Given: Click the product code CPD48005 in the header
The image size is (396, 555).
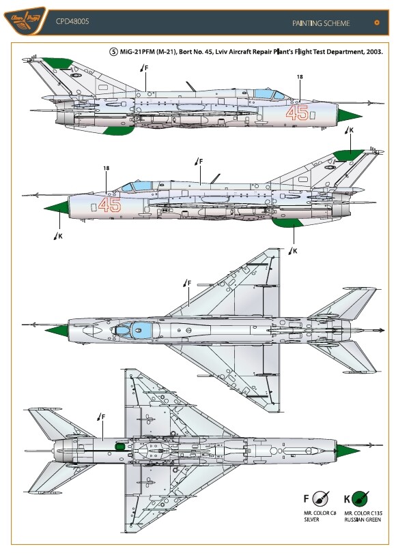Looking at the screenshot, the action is click(x=72, y=21).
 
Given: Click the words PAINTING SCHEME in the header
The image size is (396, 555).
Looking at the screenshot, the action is click(x=321, y=23).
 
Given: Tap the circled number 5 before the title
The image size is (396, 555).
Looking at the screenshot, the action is click(x=113, y=52).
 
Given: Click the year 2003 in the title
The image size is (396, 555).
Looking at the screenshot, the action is click(x=374, y=52).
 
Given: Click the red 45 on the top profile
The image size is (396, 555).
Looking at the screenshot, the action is click(x=297, y=113).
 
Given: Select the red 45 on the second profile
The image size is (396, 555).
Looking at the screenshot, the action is click(x=109, y=205).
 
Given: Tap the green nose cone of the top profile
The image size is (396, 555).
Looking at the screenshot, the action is click(x=349, y=115).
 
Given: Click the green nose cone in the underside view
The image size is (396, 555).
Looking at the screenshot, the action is click(x=348, y=451).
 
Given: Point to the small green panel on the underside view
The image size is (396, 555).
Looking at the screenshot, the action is click(x=121, y=446).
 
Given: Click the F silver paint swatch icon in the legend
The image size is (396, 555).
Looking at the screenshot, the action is click(x=321, y=498).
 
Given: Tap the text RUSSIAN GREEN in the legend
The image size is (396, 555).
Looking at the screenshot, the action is click(x=363, y=520).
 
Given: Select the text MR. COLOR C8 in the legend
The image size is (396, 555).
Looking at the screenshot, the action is click(x=320, y=513).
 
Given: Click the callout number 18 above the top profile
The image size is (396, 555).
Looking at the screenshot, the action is click(x=300, y=76).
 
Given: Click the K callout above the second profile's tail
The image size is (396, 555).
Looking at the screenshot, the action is click(x=349, y=130).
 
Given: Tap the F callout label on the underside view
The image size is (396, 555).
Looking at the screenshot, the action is click(x=102, y=417).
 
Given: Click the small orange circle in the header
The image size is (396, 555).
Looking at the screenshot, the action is click(x=377, y=22).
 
